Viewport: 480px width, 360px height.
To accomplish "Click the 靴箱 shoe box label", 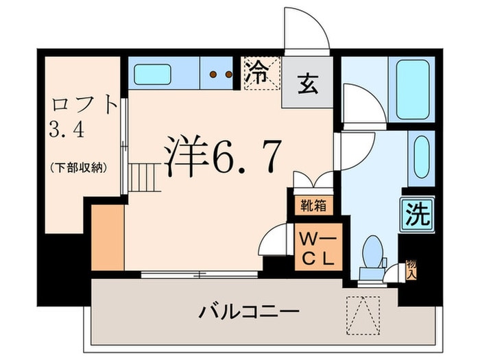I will pyautogui.click(x=313, y=204).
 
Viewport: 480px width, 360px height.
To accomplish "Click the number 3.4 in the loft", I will pyautogui.click(x=67, y=130).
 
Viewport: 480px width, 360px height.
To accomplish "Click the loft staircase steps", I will pyautogui.click(x=145, y=178).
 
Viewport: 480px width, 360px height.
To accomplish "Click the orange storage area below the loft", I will pyautogui.click(x=107, y=237).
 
